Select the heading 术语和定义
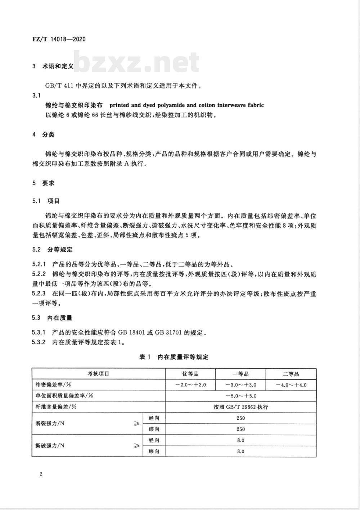pos(58,67)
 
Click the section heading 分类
pos(48,135)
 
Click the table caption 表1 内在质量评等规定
pos(174,357)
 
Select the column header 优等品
pos(190,374)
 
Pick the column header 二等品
pos(291,374)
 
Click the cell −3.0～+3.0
pos(240,385)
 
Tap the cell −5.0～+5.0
pos(240,396)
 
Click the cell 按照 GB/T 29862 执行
pos(240,407)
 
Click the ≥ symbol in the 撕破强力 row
pos(136,446)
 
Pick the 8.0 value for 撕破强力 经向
pos(240,440)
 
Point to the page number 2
pos(41,474)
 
